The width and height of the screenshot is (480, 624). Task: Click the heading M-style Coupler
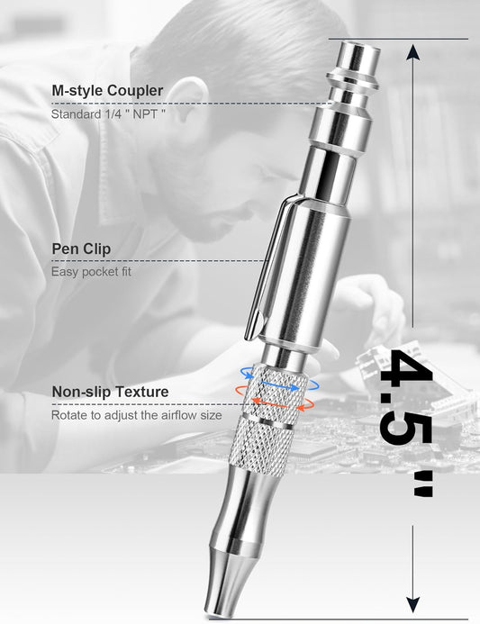click(107, 91)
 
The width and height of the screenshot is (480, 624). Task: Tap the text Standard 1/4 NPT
click(108, 114)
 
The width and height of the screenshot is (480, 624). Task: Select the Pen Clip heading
click(81, 249)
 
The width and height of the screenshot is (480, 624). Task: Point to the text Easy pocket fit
click(91, 272)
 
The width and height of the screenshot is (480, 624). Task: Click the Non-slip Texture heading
click(110, 392)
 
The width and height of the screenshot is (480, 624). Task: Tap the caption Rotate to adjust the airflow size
click(137, 415)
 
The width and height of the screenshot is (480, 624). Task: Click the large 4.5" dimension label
click(406, 423)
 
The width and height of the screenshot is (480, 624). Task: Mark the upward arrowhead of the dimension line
click(413, 51)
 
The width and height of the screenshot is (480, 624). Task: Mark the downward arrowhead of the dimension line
click(413, 604)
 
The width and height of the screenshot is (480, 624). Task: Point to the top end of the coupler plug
click(360, 46)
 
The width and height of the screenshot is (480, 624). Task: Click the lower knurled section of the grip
click(261, 445)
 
